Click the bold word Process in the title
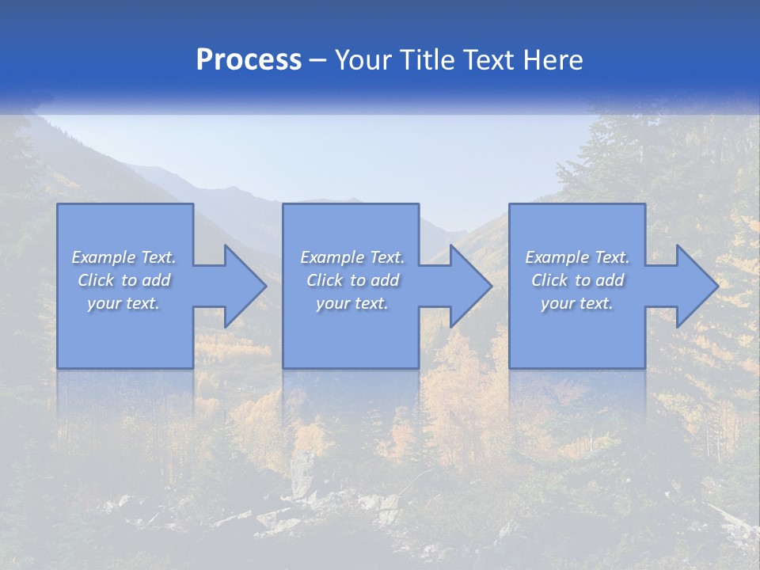(249, 60)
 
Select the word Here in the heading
(552, 60)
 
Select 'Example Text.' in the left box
(123, 257)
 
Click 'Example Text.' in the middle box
(352, 257)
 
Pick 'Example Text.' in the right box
(577, 257)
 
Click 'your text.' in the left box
(123, 303)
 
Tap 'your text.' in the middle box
(352, 303)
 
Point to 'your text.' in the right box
(577, 303)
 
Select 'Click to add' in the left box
(123, 280)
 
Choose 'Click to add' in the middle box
(352, 280)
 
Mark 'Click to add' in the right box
(577, 280)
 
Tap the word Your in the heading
(361, 60)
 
